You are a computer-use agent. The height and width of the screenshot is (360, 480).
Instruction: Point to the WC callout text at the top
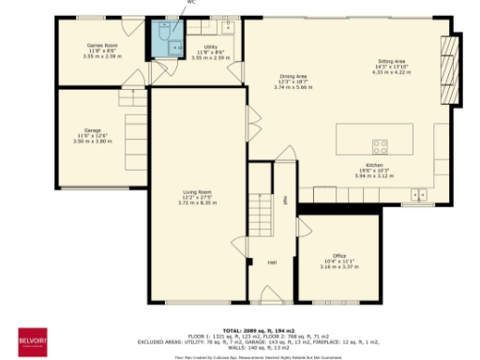point(191,3)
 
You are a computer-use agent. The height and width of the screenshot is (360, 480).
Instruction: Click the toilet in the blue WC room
point(165,34)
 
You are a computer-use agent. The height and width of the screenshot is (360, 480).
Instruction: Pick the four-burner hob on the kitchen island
point(381,145)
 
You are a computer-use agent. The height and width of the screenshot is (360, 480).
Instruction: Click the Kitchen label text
point(374,164)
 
